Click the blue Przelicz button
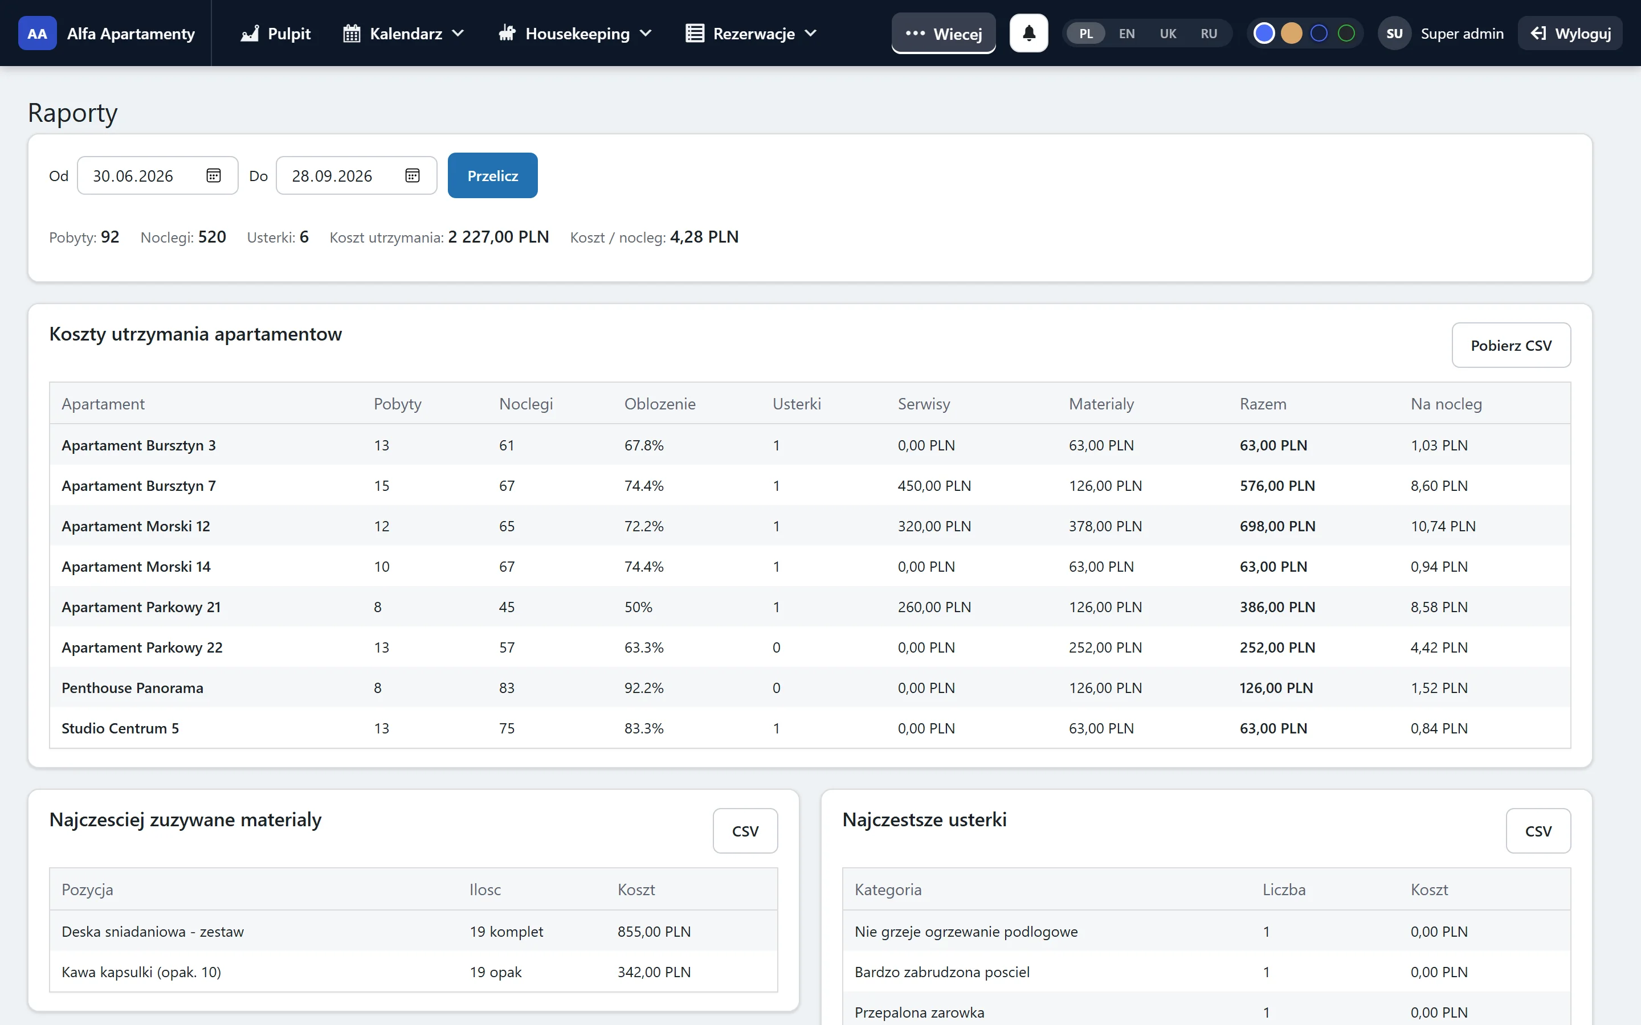pyautogui.click(x=492, y=175)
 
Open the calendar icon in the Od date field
pyautogui.click(x=214, y=175)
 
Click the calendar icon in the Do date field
pyautogui.click(x=413, y=175)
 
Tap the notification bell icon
pyautogui.click(x=1028, y=33)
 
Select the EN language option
pyautogui.click(x=1126, y=33)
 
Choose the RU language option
pyautogui.click(x=1209, y=33)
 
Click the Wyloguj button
pyautogui.click(x=1570, y=33)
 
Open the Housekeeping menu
pyautogui.click(x=575, y=33)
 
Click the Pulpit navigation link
pyautogui.click(x=275, y=33)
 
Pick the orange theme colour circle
pyautogui.click(x=1291, y=33)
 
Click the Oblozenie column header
pyautogui.click(x=660, y=404)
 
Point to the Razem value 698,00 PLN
pyautogui.click(x=1277, y=526)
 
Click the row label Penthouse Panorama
pyautogui.click(x=132, y=688)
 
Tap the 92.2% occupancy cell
pyautogui.click(x=643, y=688)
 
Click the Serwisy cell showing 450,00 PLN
pyautogui.click(x=934, y=486)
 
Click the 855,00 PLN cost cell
pyautogui.click(x=654, y=932)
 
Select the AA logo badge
pyautogui.click(x=37, y=33)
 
